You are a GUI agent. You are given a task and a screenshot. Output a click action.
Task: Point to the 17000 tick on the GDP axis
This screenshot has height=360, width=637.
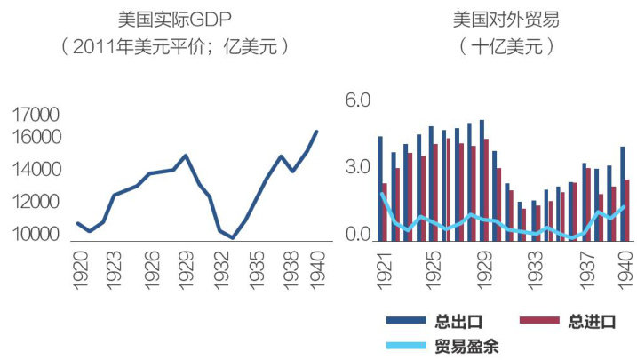coord(36,115)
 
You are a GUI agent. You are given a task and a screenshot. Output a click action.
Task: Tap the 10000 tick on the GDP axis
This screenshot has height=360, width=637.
coord(36,235)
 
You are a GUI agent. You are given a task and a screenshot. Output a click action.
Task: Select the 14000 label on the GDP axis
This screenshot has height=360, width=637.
coord(36,169)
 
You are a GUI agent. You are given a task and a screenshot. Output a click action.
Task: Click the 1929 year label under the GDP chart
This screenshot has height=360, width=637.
coord(185,267)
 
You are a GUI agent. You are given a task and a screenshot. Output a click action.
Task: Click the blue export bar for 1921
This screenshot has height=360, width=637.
coord(380,188)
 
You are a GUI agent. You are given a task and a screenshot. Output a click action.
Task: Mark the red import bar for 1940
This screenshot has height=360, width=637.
coord(627,210)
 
